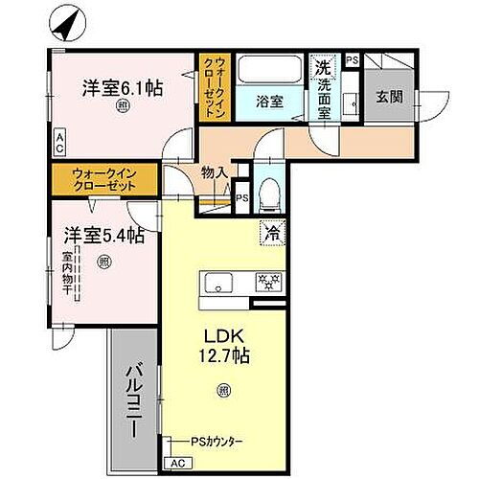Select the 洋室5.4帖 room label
103,234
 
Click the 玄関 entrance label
389,96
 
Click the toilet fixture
269,192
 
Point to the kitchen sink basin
217,283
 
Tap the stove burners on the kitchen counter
264,283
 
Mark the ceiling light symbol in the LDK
222,389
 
